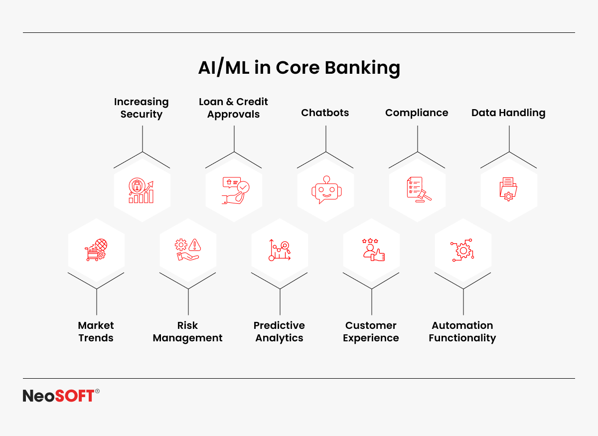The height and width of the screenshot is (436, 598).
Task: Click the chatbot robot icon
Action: coord(326,190)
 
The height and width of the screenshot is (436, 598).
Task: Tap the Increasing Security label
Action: coord(142,108)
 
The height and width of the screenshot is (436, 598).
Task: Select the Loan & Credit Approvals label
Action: coord(233,108)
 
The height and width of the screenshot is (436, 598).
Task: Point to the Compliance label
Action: coord(417,113)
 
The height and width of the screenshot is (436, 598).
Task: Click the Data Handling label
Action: coord(509,113)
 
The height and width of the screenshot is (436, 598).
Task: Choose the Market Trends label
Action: coord(96,331)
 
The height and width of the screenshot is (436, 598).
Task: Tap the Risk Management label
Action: coord(188,331)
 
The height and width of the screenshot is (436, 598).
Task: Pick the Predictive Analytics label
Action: coord(279,331)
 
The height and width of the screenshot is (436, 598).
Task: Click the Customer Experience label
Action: coord(371,331)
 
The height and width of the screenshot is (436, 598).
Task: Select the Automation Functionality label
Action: coord(462,331)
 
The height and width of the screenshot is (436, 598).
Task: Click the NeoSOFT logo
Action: coord(61,396)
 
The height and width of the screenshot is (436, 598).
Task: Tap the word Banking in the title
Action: coord(363,68)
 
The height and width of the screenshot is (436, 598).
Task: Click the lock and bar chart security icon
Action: coord(141,190)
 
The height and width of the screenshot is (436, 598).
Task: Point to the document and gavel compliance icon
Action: coord(419,189)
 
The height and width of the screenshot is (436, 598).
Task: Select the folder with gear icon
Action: coord(508,189)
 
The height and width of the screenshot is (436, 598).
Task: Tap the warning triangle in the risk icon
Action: coord(195,245)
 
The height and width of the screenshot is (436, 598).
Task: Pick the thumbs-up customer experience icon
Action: coord(374,250)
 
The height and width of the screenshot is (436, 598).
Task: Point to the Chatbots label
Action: coord(325,113)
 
